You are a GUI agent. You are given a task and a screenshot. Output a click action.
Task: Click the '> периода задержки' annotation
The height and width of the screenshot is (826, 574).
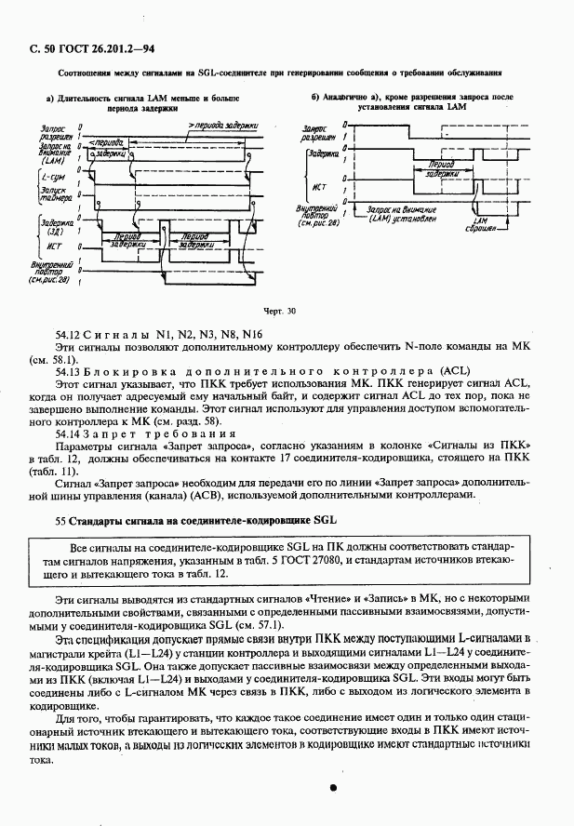pos(221,125)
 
